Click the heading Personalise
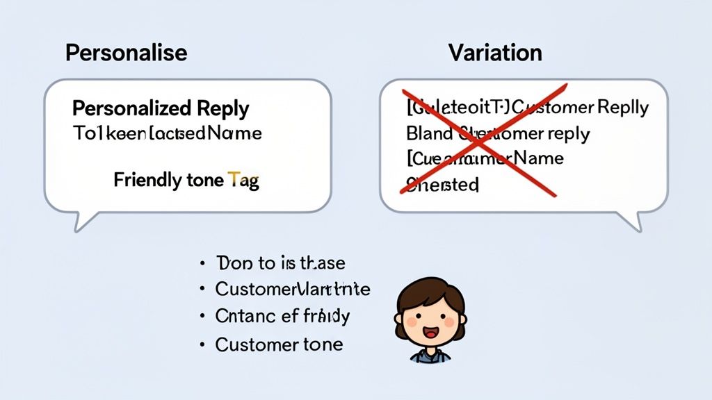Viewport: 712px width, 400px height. pyautogui.click(x=126, y=53)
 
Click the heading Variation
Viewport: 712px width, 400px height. pyautogui.click(x=495, y=53)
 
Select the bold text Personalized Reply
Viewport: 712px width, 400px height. pyautogui.click(x=161, y=108)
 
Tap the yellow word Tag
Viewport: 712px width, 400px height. pyautogui.click(x=243, y=181)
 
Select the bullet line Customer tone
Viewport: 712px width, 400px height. pyautogui.click(x=279, y=344)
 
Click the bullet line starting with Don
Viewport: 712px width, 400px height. pyautogui.click(x=281, y=263)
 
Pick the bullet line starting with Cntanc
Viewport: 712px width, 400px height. pyautogui.click(x=282, y=317)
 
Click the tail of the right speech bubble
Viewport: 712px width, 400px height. pyautogui.click(x=629, y=221)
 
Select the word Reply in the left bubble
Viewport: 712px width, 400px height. pyautogui.click(x=222, y=108)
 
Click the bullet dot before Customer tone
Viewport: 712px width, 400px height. pyautogui.click(x=202, y=344)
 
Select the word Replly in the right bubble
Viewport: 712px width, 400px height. pyautogui.click(x=622, y=108)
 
